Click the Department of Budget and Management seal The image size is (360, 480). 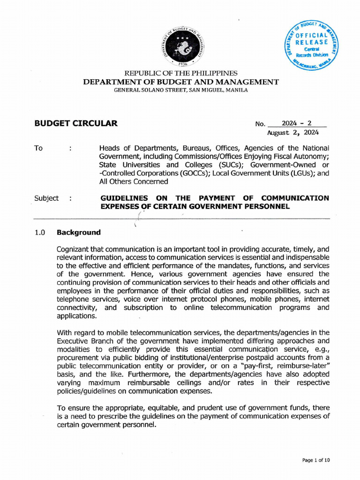(x=183, y=46)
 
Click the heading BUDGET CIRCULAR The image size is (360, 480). (x=76, y=124)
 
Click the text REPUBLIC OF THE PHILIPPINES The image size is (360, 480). (x=180, y=74)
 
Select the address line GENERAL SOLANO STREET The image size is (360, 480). (x=181, y=90)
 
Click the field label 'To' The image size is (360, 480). (x=38, y=148)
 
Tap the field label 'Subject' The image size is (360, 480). (x=46, y=198)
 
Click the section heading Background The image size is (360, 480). (x=78, y=232)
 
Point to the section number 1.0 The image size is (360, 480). (x=40, y=232)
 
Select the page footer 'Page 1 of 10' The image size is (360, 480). (x=316, y=460)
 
